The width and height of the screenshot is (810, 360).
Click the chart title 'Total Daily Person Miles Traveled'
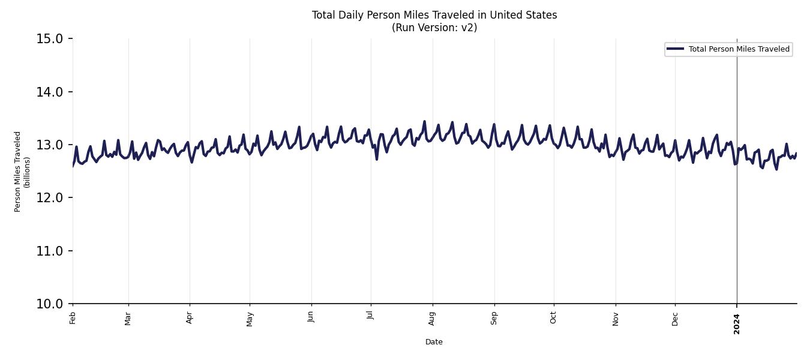434,15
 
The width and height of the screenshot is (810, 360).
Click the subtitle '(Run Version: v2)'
434,28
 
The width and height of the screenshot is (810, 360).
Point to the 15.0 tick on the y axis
49,39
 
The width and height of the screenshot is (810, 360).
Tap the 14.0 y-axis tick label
49,92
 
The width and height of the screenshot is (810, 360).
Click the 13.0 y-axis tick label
49,145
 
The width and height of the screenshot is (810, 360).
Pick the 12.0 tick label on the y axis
49,198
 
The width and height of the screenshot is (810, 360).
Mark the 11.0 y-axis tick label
49,251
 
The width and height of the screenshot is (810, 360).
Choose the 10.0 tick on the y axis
49,304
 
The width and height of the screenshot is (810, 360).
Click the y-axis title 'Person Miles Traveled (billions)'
22,172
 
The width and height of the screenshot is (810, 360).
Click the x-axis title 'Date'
434,342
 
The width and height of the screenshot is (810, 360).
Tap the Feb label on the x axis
73,317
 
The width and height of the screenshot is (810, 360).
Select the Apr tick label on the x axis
190,317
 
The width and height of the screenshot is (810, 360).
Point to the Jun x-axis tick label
311,317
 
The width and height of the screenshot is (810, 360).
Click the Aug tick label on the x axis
432,317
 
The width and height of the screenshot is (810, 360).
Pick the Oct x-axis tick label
553,317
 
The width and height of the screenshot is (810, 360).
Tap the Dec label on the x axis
675,317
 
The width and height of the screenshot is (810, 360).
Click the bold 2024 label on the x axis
737,323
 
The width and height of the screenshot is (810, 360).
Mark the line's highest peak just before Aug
424,121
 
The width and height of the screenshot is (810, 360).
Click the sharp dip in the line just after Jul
376,159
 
